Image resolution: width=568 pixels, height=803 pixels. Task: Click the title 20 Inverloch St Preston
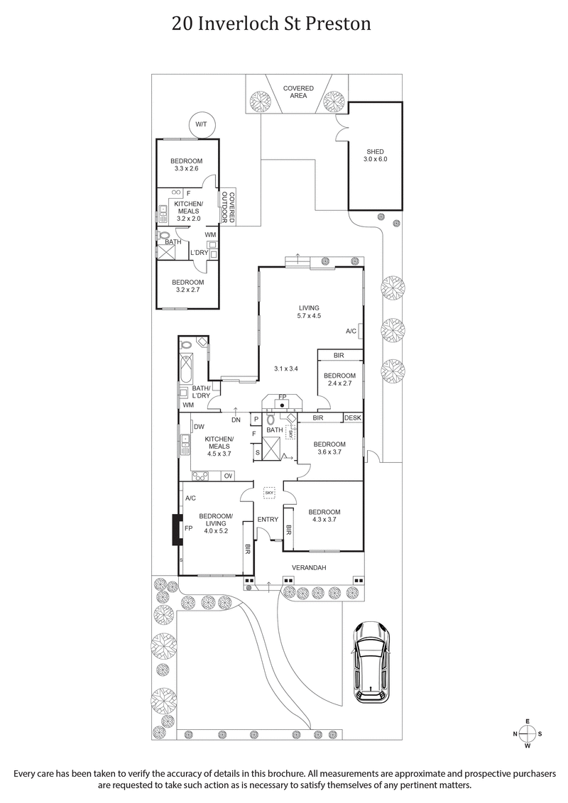click(x=271, y=24)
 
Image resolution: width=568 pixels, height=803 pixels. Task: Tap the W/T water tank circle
click(x=201, y=125)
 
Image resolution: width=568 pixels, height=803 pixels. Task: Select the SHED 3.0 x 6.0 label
click(x=375, y=155)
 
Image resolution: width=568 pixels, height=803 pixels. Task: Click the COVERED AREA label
click(x=298, y=92)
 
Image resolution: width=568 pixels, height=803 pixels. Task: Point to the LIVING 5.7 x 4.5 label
click(x=309, y=312)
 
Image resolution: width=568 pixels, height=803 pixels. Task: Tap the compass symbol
click(x=528, y=733)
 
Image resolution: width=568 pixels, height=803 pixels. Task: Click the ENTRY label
click(x=268, y=520)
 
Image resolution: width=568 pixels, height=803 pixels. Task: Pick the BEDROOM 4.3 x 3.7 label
click(x=324, y=516)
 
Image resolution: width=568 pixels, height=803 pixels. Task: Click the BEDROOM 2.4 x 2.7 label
click(x=339, y=379)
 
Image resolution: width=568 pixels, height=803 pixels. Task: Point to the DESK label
click(x=353, y=418)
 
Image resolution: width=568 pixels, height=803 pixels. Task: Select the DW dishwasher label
click(x=200, y=427)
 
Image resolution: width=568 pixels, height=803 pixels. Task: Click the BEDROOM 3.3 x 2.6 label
click(x=188, y=165)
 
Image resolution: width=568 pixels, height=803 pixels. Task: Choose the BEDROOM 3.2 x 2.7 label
click(x=188, y=286)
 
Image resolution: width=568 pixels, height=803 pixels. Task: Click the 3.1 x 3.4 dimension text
click(x=286, y=368)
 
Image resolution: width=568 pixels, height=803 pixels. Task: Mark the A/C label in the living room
click(x=351, y=331)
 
